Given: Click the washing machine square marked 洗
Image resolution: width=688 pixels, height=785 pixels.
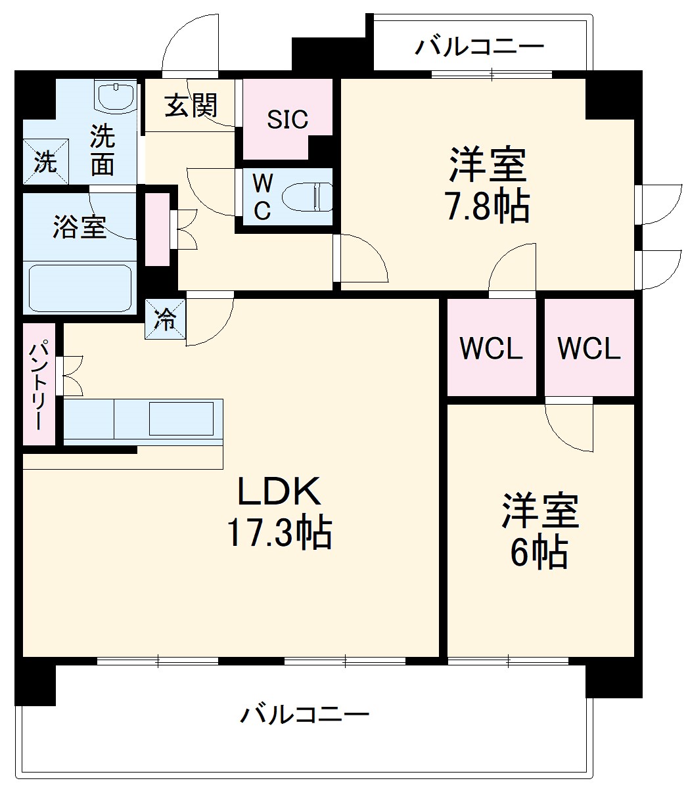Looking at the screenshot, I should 45,161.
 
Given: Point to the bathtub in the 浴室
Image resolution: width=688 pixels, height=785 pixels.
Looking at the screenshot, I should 80,287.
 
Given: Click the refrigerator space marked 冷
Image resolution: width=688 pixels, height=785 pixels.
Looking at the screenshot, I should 165,319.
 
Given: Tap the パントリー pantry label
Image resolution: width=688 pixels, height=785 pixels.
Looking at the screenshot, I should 37,385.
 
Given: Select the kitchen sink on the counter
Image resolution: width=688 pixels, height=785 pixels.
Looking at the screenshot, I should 181,418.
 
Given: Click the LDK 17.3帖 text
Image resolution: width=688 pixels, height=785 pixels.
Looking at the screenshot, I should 279,512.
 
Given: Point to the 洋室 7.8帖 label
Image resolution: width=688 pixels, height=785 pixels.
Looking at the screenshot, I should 488,185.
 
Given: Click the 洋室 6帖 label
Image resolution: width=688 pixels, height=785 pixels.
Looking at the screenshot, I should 539,531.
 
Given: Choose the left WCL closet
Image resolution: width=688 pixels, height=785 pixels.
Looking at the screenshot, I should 491,349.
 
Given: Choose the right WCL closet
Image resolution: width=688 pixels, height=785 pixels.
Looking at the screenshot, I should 589,349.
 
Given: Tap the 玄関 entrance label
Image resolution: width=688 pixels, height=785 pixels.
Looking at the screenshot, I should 190,105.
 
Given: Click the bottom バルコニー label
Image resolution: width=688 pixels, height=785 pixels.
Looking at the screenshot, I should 304,713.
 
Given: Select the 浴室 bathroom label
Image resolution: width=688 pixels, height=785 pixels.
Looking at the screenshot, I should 79,227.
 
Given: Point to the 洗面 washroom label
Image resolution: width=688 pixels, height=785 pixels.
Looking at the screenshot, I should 103,150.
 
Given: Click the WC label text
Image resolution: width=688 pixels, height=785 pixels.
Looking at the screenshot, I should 262,196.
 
